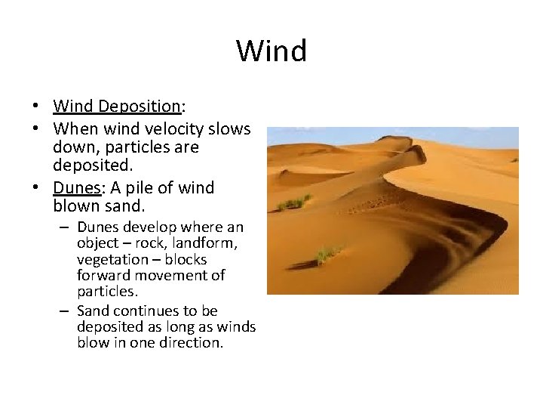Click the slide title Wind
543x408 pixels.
[x=271, y=51]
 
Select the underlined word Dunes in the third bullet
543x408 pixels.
[x=76, y=187]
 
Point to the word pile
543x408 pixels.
[x=143, y=187]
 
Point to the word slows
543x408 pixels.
[x=230, y=129]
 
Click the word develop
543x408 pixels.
[x=143, y=227]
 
